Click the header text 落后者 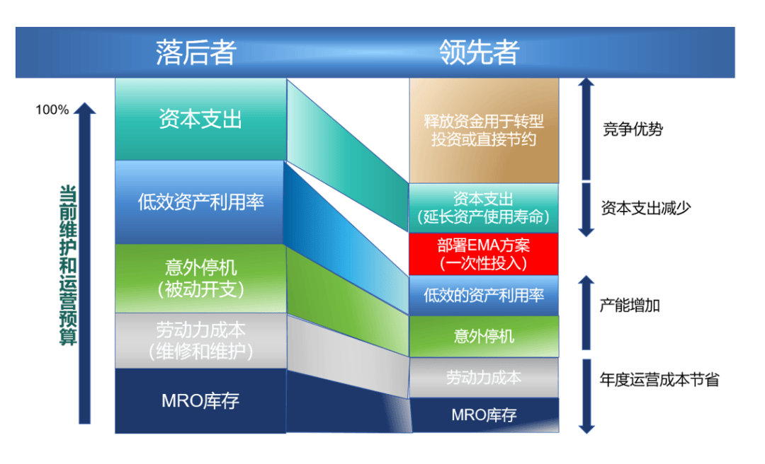click(x=196, y=52)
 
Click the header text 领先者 click(x=479, y=52)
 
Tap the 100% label click(x=52, y=110)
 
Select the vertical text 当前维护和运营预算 click(x=68, y=265)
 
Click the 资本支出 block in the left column click(x=200, y=120)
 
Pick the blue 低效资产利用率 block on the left click(x=200, y=202)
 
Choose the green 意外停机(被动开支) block click(x=200, y=278)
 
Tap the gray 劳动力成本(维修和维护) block click(x=200, y=341)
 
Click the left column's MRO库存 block click(x=200, y=400)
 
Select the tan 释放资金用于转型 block click(x=484, y=131)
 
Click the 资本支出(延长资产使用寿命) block click(x=484, y=208)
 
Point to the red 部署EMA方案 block click(x=484, y=254)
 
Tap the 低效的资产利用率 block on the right click(x=484, y=296)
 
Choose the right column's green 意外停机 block click(x=484, y=337)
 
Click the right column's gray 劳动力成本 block click(x=484, y=378)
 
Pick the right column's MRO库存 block click(x=484, y=415)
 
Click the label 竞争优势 click(x=633, y=129)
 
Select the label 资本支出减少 click(x=646, y=208)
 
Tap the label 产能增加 click(x=630, y=306)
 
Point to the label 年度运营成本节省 click(x=659, y=380)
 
